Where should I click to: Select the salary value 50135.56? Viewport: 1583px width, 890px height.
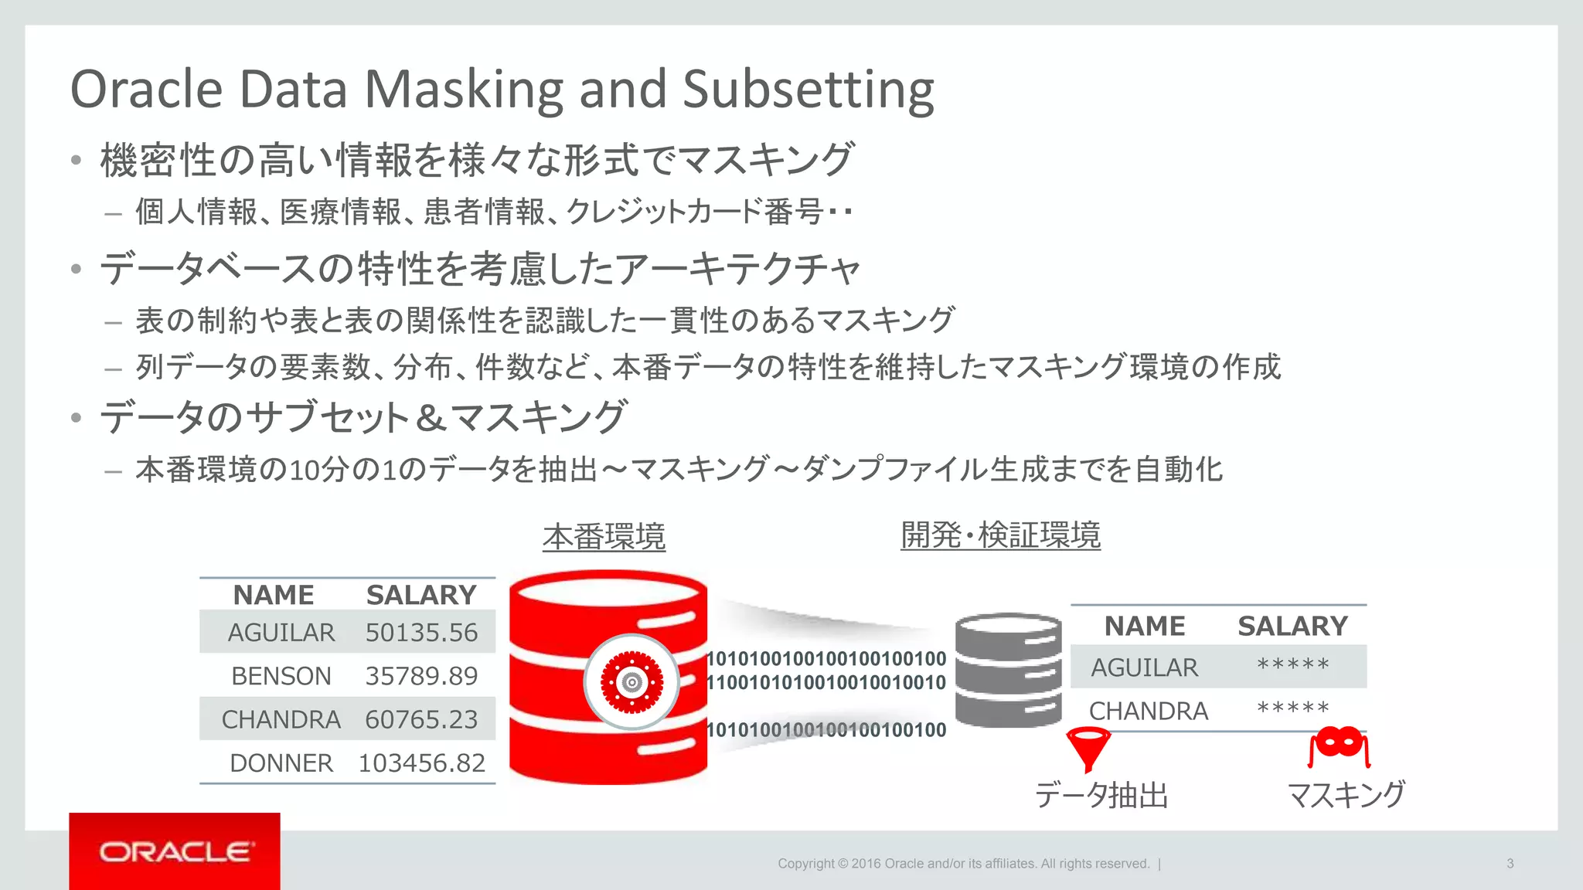point(421,633)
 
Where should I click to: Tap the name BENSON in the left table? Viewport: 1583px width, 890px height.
point(281,676)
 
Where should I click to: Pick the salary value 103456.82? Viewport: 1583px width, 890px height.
point(421,763)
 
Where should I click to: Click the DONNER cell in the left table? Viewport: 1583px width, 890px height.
point(281,763)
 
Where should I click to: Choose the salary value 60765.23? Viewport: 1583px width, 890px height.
point(421,720)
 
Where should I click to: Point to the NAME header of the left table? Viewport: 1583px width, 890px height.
point(274,595)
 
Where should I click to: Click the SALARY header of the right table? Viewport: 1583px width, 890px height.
point(1292,626)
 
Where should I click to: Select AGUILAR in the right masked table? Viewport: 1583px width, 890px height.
point(1144,667)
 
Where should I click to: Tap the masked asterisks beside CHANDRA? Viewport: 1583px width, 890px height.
point(1292,709)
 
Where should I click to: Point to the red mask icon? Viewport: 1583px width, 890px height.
point(1340,746)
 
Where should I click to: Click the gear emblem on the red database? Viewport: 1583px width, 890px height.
point(631,682)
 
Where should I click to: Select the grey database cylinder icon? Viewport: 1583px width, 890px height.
point(1008,669)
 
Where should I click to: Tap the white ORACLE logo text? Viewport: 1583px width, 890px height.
point(175,852)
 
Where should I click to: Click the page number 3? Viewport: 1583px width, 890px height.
point(1510,864)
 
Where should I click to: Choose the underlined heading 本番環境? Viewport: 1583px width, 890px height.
point(604,536)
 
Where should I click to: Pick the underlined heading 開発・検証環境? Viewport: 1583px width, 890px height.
point(1000,535)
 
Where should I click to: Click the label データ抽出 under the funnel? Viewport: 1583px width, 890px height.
point(1101,795)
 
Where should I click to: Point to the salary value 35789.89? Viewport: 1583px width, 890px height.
point(421,676)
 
